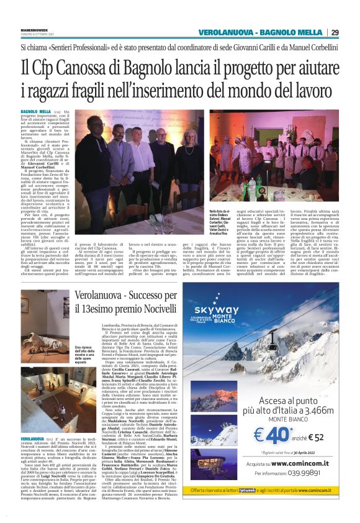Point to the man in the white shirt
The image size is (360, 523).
pyautogui.click(x=140, y=163)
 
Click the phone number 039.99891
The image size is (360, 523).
pyautogui.click(x=305, y=489)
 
